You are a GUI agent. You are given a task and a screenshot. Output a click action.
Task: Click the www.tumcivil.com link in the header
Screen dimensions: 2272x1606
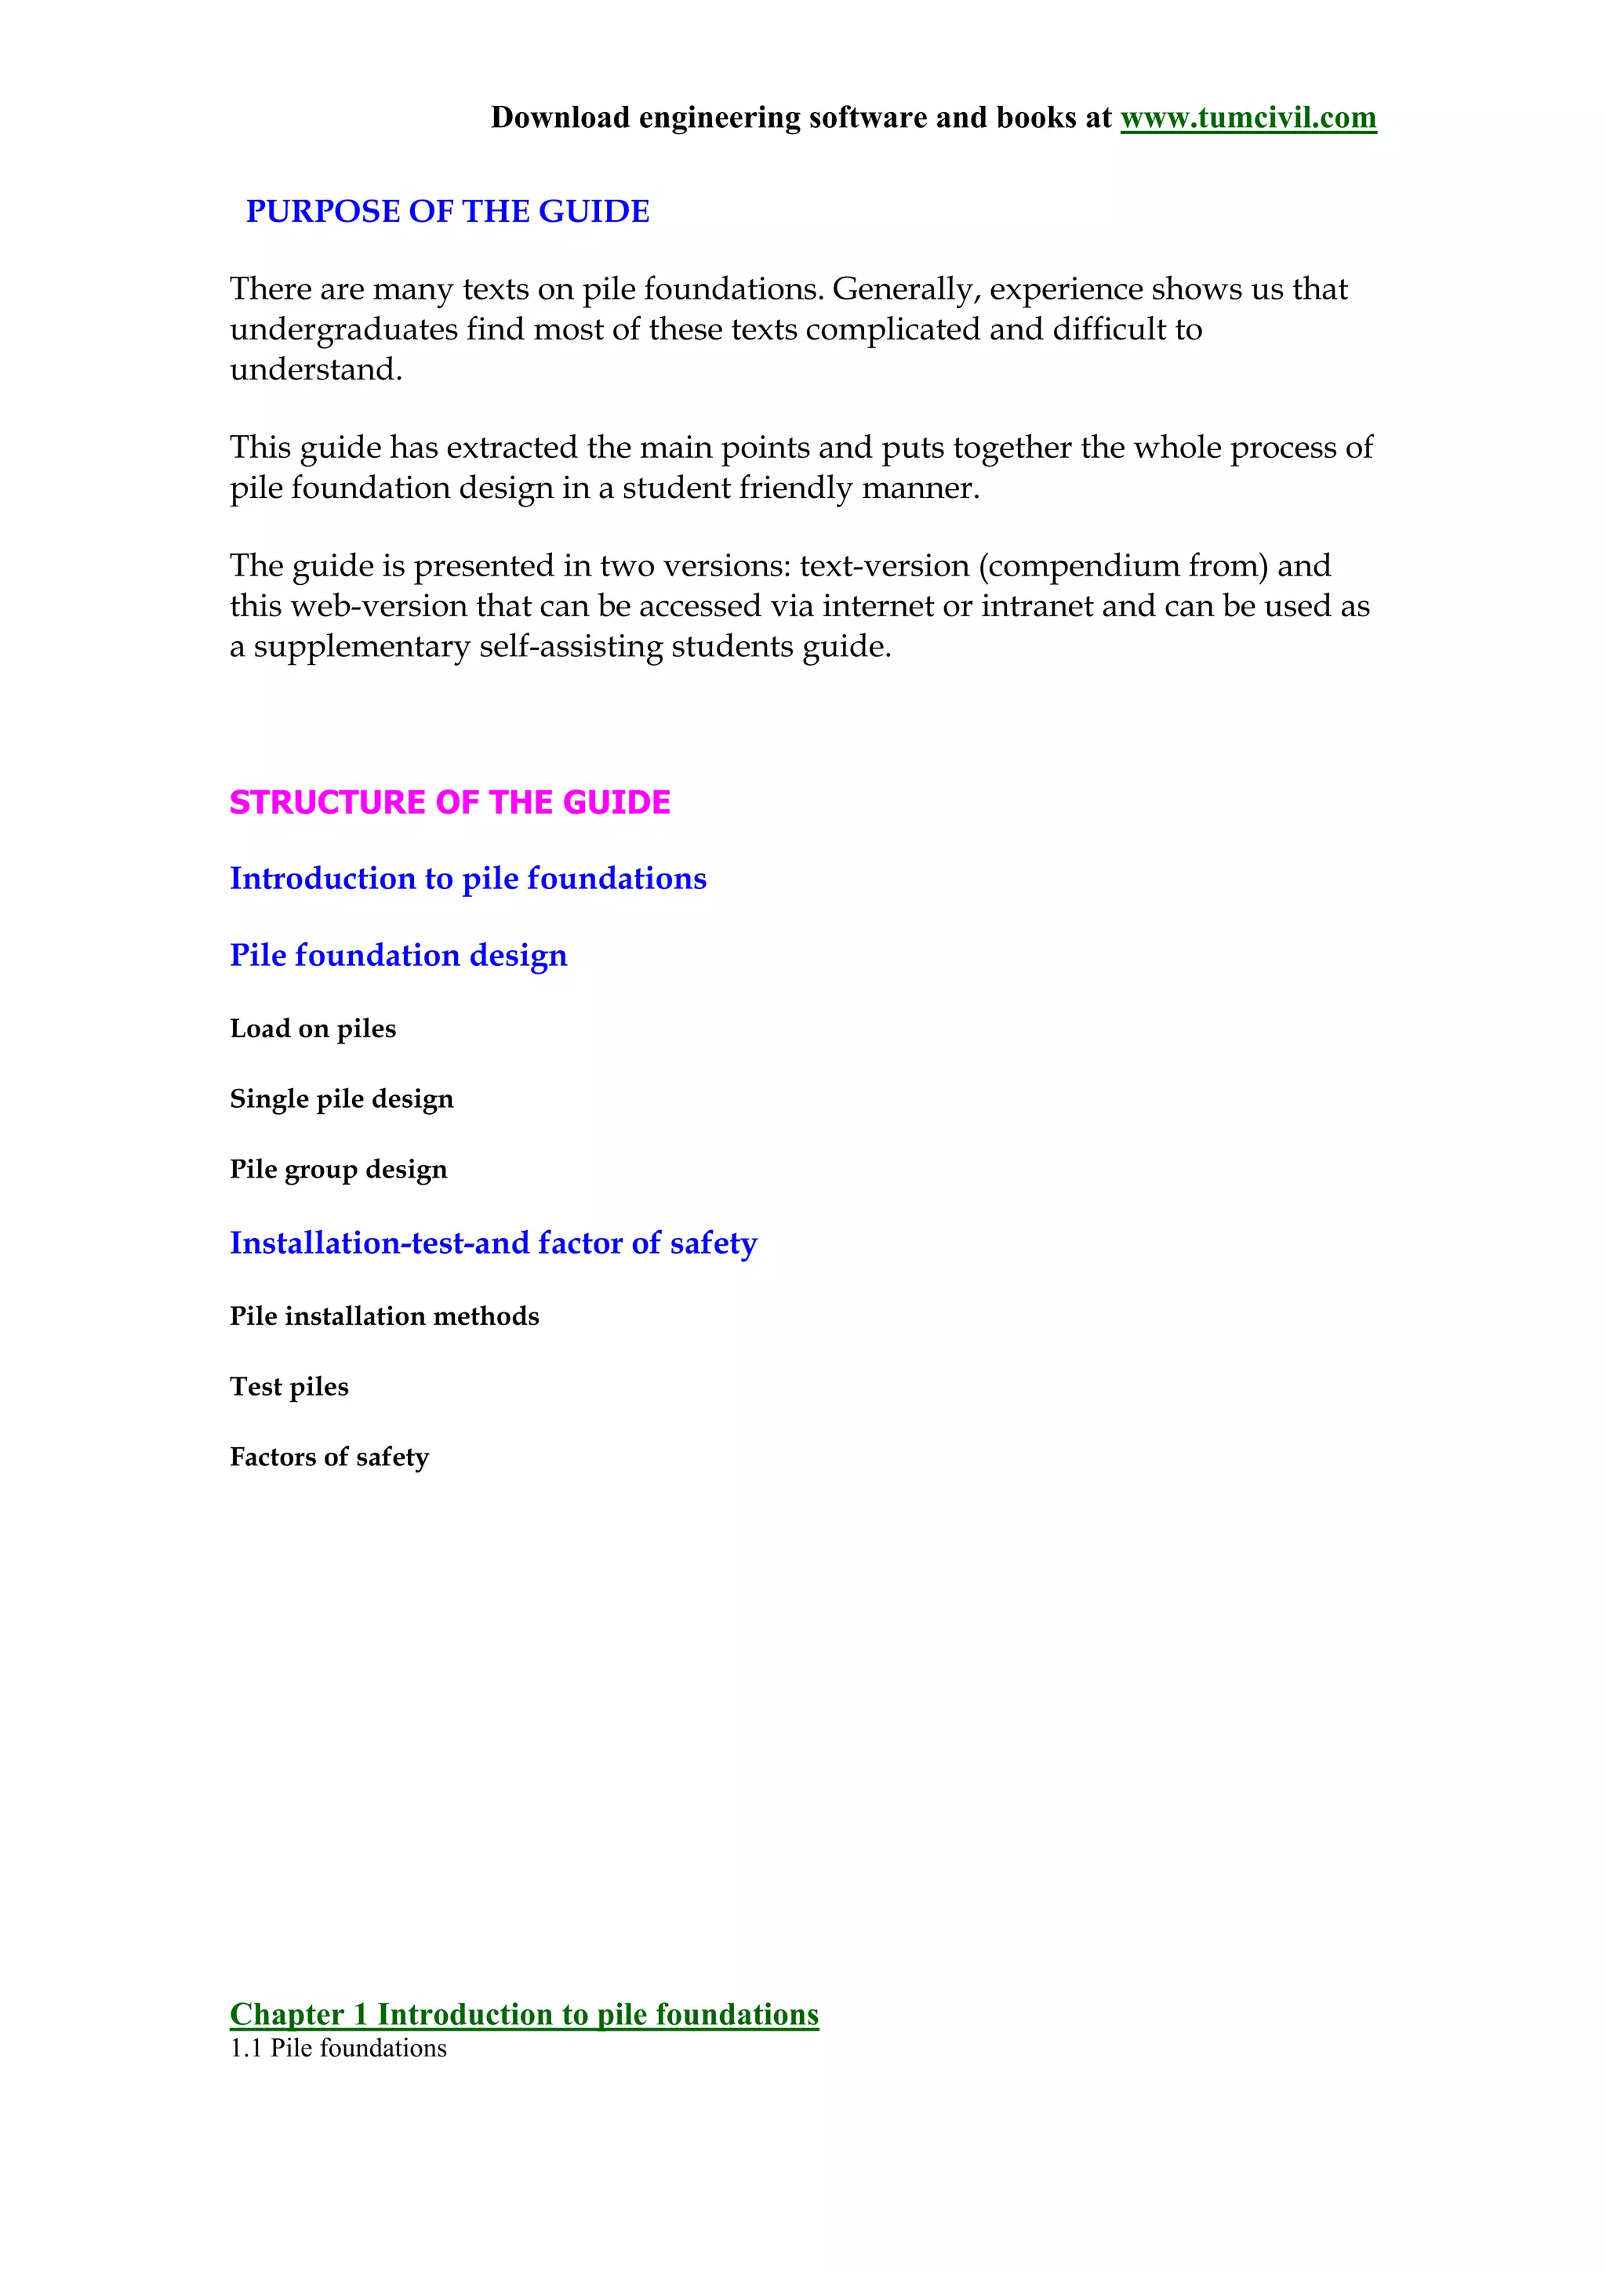pos(1248,118)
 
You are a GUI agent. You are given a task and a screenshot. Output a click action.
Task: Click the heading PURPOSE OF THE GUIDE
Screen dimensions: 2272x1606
pos(447,212)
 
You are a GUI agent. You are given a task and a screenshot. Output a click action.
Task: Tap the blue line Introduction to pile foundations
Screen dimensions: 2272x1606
pos(468,879)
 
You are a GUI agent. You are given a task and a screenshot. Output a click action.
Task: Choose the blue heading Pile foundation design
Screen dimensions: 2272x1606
pos(398,955)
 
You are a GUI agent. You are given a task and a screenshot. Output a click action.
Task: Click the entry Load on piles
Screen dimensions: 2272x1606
pos(313,1029)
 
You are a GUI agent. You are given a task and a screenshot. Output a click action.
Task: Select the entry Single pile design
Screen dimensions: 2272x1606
pos(341,1099)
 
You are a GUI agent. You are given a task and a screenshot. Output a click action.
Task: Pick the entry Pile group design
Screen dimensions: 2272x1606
pos(339,1170)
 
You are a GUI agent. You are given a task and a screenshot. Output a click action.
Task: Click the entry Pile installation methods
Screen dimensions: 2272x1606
pos(384,1316)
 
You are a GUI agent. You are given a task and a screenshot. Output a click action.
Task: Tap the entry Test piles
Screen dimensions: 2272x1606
pos(289,1386)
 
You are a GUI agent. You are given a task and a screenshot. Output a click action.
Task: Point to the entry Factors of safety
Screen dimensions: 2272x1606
pos(329,1457)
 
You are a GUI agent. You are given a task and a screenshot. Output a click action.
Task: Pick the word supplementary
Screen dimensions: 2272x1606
pos(362,646)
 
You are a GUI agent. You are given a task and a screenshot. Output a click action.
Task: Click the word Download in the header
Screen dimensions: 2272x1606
pos(560,118)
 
